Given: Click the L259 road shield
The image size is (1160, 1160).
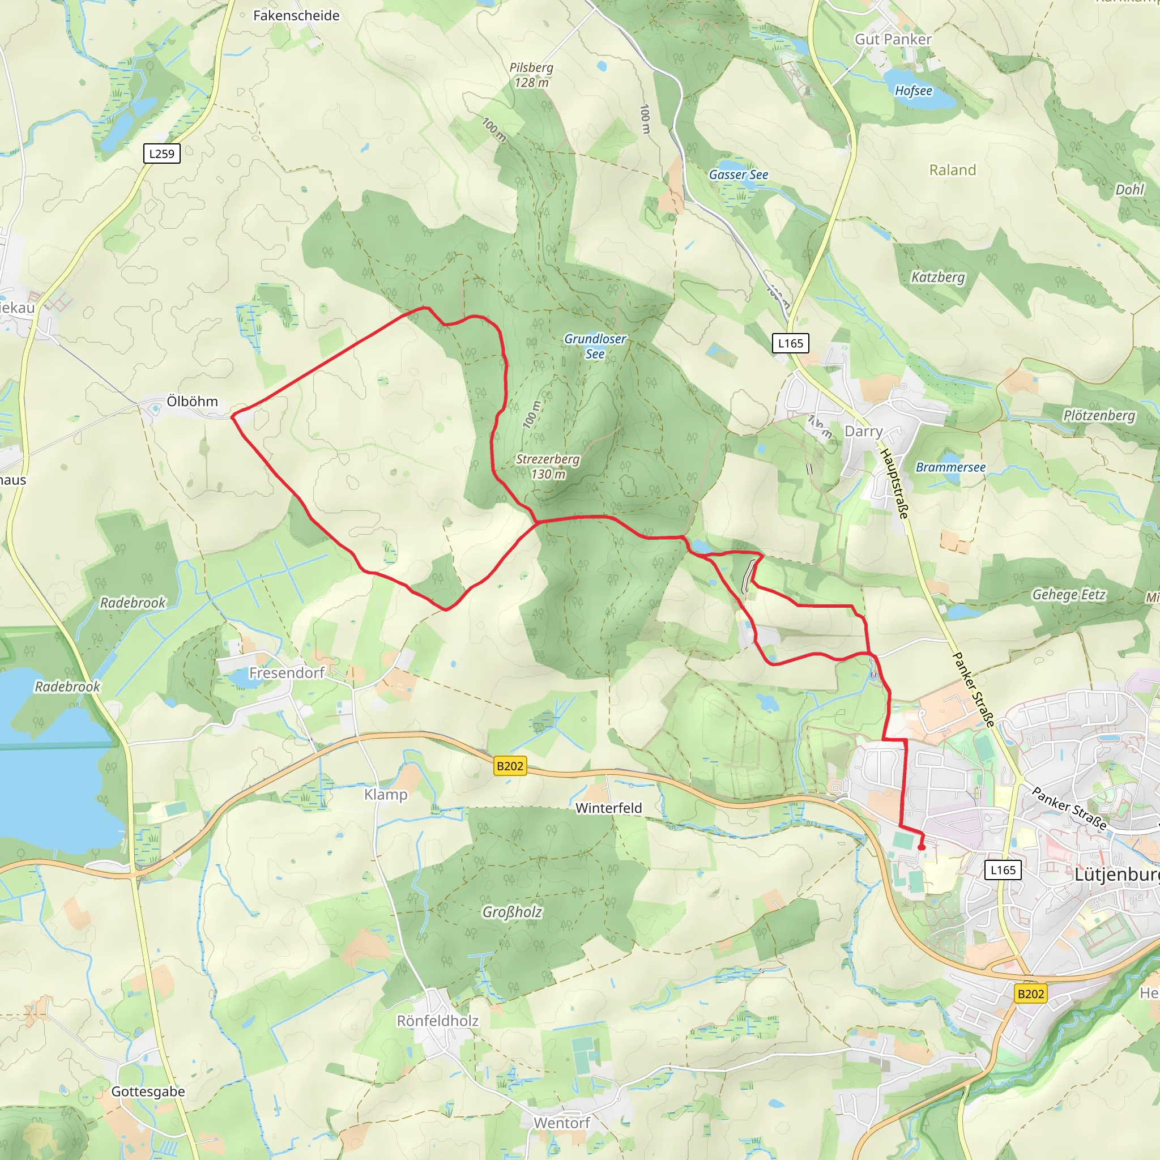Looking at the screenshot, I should [161, 153].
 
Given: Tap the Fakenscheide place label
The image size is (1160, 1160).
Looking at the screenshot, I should [296, 16].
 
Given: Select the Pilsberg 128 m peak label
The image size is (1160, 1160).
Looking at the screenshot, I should [531, 75].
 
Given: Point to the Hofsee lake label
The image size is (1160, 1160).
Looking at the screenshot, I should [913, 91].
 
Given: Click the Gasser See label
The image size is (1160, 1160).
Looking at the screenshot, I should [738, 174].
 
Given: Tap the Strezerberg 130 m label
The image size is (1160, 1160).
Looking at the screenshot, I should [548, 467].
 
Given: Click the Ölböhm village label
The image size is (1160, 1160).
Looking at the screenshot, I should [192, 401].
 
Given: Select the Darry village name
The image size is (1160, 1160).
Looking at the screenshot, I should [863, 431].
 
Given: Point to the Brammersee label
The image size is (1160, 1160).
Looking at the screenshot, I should [950, 467].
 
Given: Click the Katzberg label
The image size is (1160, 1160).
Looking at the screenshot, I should [938, 277].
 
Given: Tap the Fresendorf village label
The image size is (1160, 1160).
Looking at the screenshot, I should [287, 673].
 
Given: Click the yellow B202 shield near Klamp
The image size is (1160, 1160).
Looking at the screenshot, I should [510, 766].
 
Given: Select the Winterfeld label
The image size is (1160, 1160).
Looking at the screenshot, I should [608, 808].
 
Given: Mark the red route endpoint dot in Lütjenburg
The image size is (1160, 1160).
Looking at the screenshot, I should [921, 848].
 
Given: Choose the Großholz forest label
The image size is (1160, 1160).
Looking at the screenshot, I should [512, 912].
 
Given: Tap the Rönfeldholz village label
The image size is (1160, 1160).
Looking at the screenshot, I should [438, 1021].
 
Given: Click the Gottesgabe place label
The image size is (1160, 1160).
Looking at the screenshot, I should [148, 1091].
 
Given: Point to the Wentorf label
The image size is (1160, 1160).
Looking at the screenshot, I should [561, 1123].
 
